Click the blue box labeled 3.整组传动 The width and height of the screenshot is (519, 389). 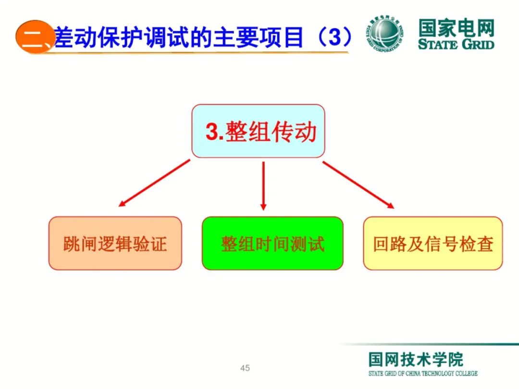tap(258, 131)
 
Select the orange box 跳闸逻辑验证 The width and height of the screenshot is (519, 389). tap(115, 243)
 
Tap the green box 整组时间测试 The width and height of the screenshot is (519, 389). tap(272, 243)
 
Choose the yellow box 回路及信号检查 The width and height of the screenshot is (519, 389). tap(432, 243)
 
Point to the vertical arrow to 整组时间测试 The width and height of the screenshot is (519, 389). tap(263, 185)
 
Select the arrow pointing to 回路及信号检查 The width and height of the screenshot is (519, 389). tap(358, 184)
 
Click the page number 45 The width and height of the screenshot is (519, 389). tap(245, 368)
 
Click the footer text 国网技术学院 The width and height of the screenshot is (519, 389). tap(416, 360)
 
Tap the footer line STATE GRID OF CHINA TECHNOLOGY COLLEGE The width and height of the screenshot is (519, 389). tap(423, 373)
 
